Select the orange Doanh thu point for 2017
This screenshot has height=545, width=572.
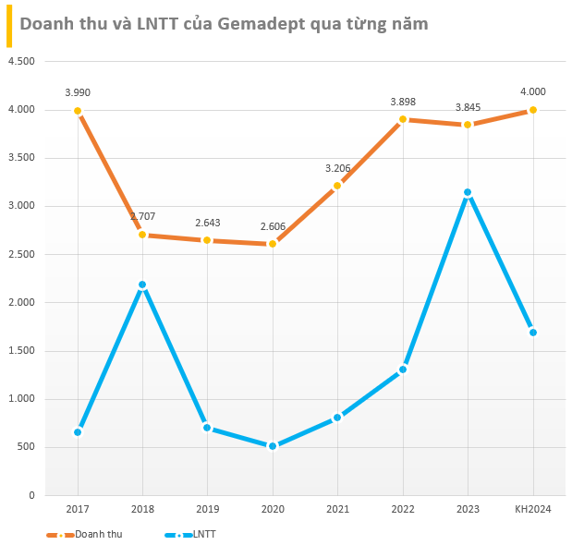coord(78,111)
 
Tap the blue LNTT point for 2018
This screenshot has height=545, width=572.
coord(142,285)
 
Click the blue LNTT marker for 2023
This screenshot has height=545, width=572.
coord(468,192)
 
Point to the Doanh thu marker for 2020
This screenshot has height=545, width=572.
coord(273,244)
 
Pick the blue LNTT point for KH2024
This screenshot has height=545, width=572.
coord(532,333)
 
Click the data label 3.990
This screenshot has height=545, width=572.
coord(78,92)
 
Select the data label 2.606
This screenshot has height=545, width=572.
coord(273,225)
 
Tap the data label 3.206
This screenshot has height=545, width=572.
coord(337,168)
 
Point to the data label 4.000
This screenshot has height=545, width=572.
coord(532,91)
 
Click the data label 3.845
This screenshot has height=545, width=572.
coord(468,107)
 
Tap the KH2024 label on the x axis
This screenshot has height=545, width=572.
coord(532,510)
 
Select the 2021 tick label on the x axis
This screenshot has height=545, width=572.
coord(337,510)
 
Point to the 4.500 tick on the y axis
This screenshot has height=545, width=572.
coord(20,62)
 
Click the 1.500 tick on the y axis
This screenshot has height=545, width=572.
coord(20,351)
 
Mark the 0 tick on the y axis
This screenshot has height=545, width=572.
coord(30,496)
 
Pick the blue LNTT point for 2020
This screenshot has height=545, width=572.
coord(273,446)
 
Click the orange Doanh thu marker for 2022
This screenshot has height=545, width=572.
coord(403,119)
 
